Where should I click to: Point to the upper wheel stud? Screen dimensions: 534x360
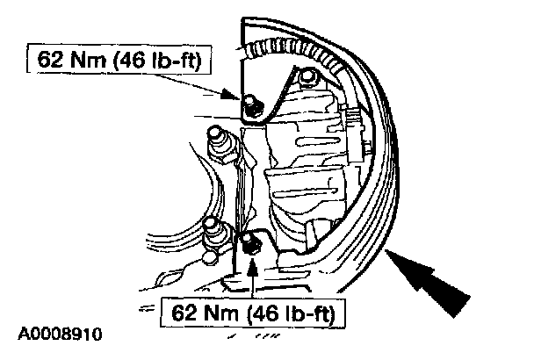(x=218, y=140)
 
